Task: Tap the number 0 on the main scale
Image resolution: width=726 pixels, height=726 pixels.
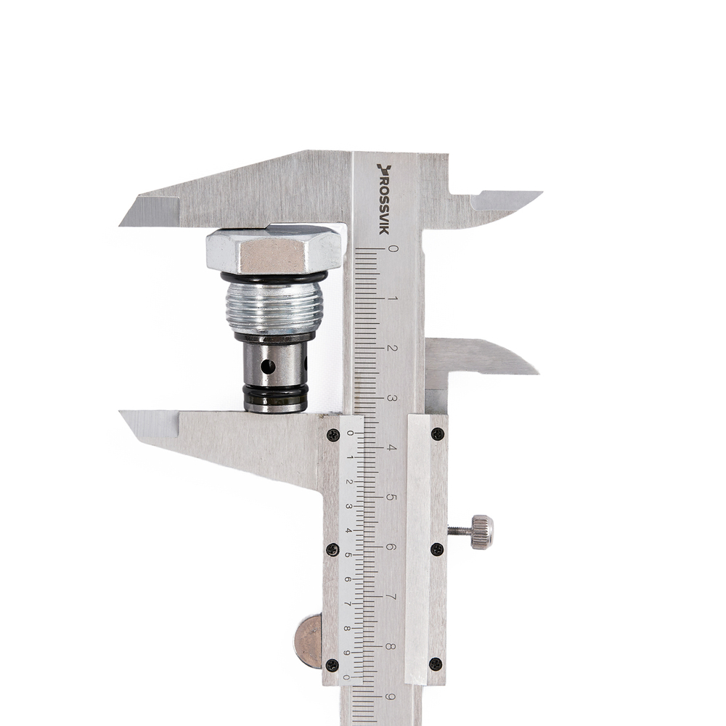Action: click(x=393, y=248)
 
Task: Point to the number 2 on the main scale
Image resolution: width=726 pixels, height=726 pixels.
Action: click(x=392, y=348)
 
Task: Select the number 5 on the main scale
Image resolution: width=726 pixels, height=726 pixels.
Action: click(x=391, y=497)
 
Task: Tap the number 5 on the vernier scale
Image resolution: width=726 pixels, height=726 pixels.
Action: click(x=348, y=555)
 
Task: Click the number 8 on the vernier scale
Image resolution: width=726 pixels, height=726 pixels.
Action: click(x=347, y=628)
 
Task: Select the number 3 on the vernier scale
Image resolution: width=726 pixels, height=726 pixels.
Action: click(x=348, y=506)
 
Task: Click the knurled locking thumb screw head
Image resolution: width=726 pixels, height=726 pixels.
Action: click(x=482, y=532)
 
